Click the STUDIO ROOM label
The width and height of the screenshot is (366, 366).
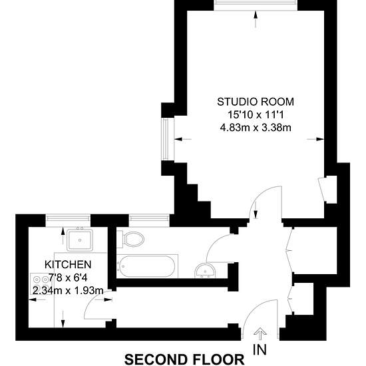(x=256, y=102)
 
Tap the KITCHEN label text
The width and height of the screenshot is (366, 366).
(x=68, y=264)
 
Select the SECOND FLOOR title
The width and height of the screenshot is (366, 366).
(x=184, y=360)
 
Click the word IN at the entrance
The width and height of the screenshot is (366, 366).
(x=260, y=349)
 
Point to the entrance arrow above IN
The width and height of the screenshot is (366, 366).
(x=260, y=335)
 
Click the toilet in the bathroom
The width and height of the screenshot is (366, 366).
(x=130, y=239)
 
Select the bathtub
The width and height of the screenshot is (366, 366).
(x=146, y=266)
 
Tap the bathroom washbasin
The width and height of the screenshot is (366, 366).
(x=205, y=271)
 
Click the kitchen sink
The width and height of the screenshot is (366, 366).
(x=80, y=240)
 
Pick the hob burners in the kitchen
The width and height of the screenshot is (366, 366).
(x=41, y=283)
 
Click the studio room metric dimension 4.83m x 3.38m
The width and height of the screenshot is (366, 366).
(x=256, y=128)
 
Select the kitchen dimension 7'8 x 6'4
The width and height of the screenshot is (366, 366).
(x=68, y=277)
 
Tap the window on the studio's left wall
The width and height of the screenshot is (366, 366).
(x=166, y=139)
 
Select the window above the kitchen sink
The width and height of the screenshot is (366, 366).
(x=68, y=218)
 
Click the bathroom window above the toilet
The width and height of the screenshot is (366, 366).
(x=149, y=218)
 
